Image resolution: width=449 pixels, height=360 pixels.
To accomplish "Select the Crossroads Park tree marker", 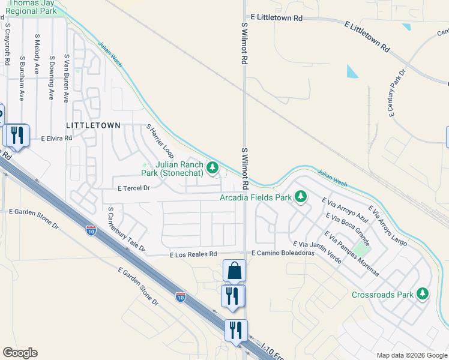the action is [423, 294].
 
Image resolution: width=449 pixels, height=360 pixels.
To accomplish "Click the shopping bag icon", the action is [234, 271].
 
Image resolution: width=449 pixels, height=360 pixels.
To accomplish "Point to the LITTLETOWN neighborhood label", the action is [97, 125].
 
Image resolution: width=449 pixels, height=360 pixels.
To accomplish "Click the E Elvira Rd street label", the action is [56, 138].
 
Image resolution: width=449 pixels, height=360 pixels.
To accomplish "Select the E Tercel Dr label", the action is [133, 188].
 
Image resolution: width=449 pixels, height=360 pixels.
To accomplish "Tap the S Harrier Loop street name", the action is [160, 142].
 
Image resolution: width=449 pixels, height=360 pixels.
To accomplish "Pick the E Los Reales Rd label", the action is [193, 254].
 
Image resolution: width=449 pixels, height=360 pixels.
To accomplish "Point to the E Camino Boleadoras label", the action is [283, 254].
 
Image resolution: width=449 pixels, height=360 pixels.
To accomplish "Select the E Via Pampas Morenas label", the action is [352, 253].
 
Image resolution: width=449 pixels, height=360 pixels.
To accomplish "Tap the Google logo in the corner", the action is [20, 353].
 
